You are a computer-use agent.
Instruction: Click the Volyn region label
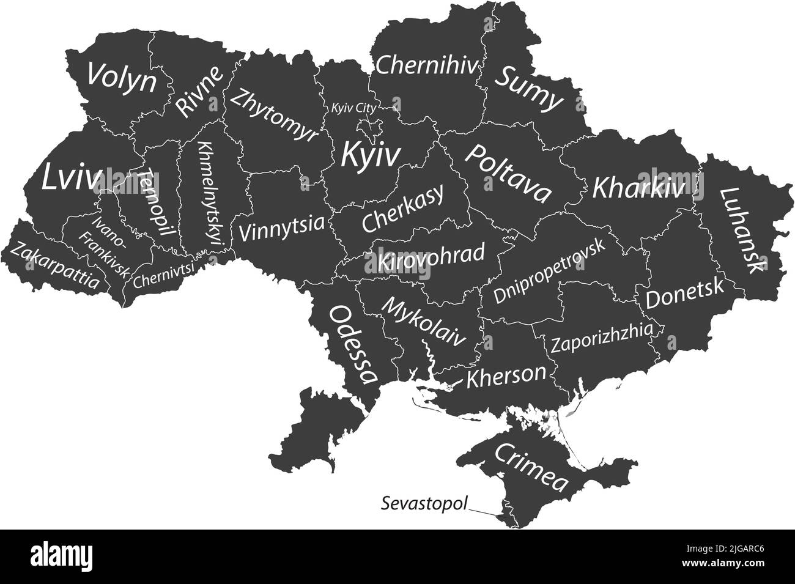(x=120, y=78)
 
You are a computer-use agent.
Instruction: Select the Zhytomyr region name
(x=275, y=115)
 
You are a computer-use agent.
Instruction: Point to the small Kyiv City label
(x=353, y=108)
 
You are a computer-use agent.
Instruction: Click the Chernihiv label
(x=426, y=65)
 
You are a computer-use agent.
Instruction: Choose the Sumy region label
(x=529, y=89)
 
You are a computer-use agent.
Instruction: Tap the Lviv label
(x=72, y=178)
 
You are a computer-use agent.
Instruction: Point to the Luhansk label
(x=742, y=229)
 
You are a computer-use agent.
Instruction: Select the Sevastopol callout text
(x=424, y=505)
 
